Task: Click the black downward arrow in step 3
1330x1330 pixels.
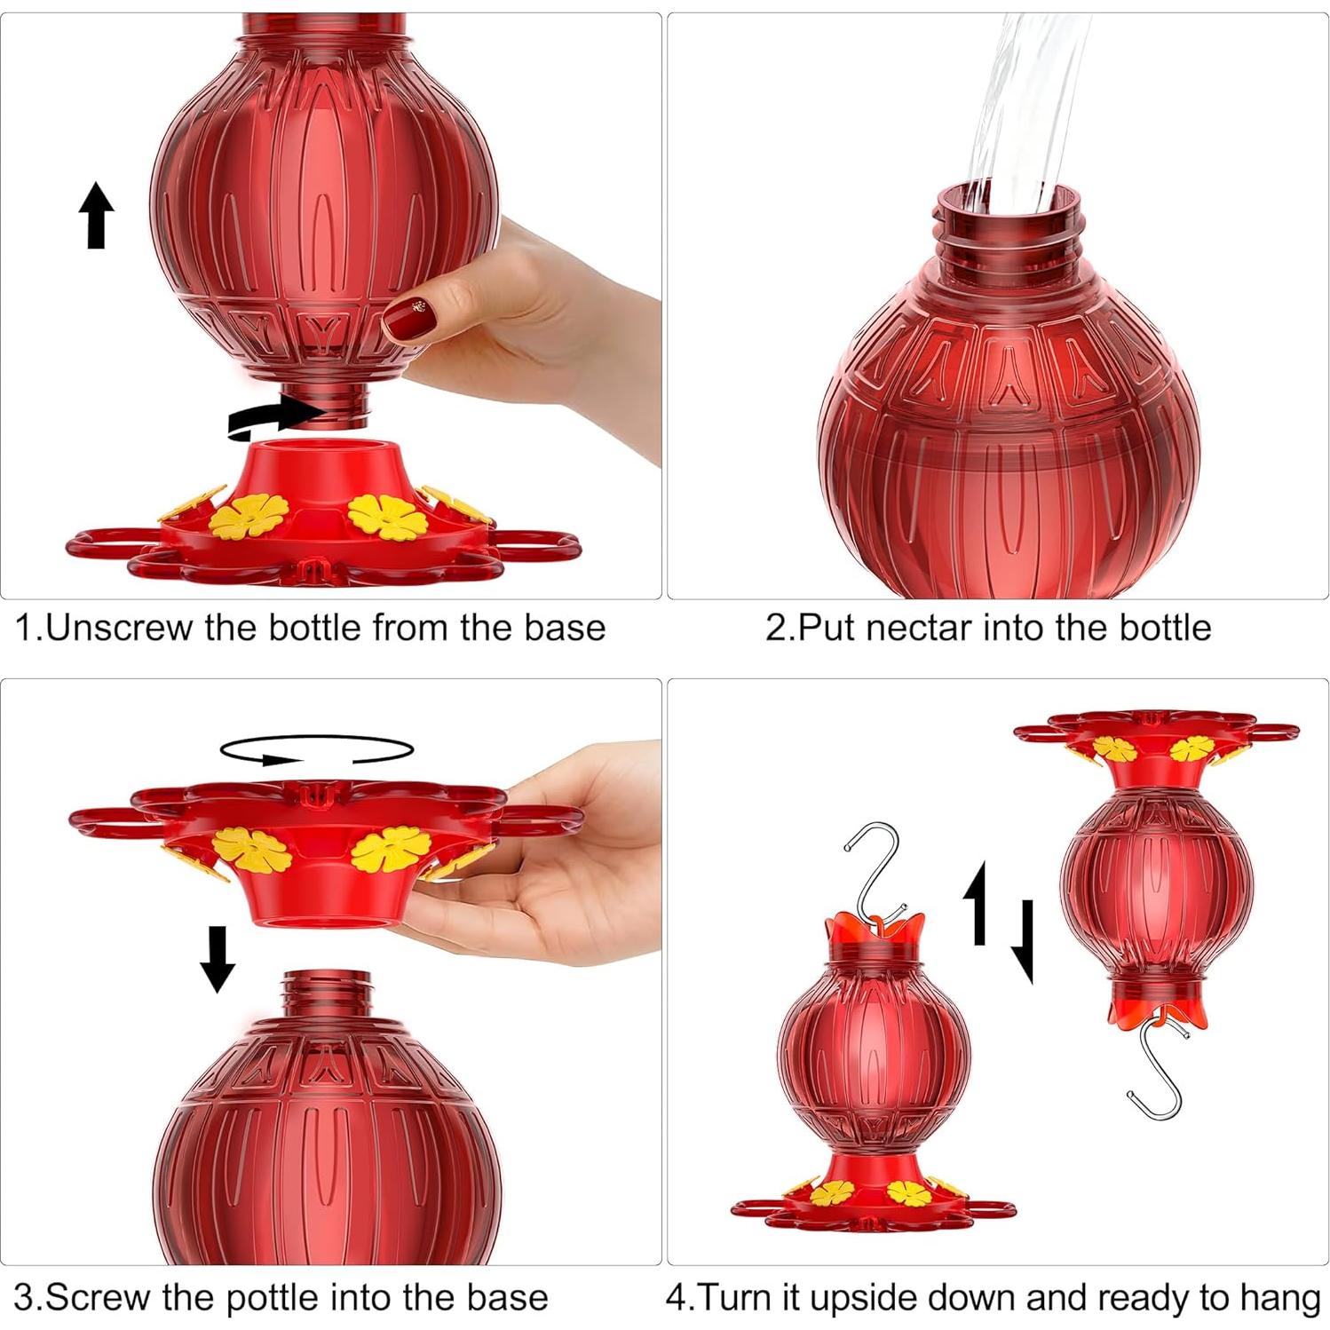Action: [217, 959]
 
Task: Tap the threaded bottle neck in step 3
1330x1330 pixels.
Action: [327, 994]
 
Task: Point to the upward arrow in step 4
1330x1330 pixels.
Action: [977, 901]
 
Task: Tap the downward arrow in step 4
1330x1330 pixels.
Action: [1023, 941]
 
